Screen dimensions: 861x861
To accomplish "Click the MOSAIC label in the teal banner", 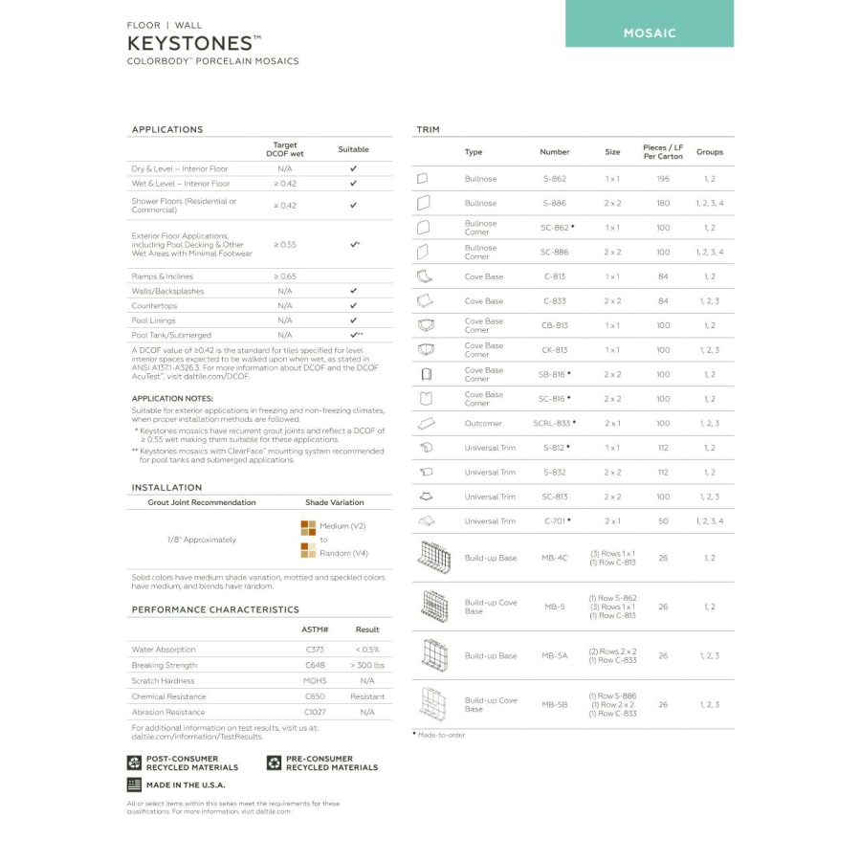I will pyautogui.click(x=650, y=33).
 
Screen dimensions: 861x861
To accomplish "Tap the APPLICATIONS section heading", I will pyautogui.click(x=167, y=129).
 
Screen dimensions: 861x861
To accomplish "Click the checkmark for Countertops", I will pyautogui.click(x=353, y=305).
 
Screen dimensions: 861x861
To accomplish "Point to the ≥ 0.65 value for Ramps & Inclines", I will pyautogui.click(x=285, y=276).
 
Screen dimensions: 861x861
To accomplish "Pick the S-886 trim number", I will pyautogui.click(x=554, y=204).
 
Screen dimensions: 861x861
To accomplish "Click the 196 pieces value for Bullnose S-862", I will pyautogui.click(x=663, y=179).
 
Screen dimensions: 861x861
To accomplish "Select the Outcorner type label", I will pyautogui.click(x=483, y=424).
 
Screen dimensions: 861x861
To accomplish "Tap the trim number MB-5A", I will pyautogui.click(x=554, y=656).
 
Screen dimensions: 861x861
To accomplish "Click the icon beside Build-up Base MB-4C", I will pyautogui.click(x=432, y=558).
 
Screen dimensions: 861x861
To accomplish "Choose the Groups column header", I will pyautogui.click(x=710, y=152).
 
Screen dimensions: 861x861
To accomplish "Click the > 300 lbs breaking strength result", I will pyautogui.click(x=367, y=665).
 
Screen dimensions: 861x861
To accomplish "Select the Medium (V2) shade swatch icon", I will pyautogui.click(x=308, y=526).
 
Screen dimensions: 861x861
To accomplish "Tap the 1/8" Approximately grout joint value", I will pyautogui.click(x=202, y=540).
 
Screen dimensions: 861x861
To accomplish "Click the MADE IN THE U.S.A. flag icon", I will pyautogui.click(x=134, y=784).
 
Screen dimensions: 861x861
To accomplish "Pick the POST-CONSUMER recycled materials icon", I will pyautogui.click(x=134, y=762).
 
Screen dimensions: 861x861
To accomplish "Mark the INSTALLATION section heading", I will pyautogui.click(x=166, y=488).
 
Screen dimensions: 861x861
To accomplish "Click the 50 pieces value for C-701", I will pyautogui.click(x=663, y=521).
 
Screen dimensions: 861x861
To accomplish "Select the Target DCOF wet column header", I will pyautogui.click(x=285, y=149).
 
